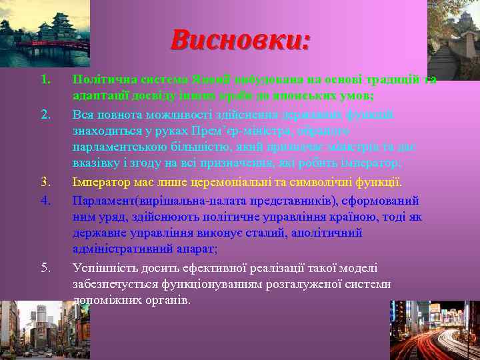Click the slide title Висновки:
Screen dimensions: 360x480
pyautogui.click(x=240, y=39)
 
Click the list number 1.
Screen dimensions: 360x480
pyautogui.click(x=45, y=81)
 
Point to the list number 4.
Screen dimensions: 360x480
pyautogui.click(x=45, y=199)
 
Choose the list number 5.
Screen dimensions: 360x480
pyautogui.click(x=45, y=268)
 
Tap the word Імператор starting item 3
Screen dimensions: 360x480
pyautogui.click(x=101, y=182)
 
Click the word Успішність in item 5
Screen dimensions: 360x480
pyautogui.click(x=104, y=268)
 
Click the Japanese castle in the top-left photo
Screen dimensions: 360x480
pyautogui.click(x=50, y=27)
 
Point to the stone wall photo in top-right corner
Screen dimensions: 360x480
pyautogui.click(x=453, y=33)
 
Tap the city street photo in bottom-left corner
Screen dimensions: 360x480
pyautogui.click(x=33, y=330)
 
